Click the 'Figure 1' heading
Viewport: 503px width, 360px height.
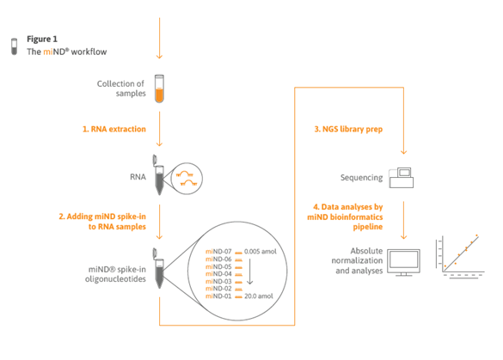pos(42,40)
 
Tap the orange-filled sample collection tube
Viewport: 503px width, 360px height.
pos(159,88)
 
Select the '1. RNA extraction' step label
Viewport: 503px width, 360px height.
pos(114,129)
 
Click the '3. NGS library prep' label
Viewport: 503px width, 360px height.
pos(348,129)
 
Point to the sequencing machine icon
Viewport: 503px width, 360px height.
pos(402,178)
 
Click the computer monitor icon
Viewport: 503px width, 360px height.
pos(403,263)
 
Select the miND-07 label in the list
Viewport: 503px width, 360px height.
pos(218,252)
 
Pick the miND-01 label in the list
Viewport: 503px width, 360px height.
pos(218,296)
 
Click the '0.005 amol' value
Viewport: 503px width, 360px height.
pos(261,252)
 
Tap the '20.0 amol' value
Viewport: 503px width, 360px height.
pos(259,296)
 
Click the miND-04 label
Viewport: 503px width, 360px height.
pos(218,274)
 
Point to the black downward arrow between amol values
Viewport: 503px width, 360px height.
pos(250,271)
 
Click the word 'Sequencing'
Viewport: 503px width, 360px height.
pos(361,178)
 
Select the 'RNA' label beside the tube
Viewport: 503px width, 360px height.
pos(138,177)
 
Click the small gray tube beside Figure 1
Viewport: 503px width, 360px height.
pos(14,46)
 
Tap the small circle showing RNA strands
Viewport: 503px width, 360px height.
pos(187,179)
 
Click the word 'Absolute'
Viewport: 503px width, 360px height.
pos(366,251)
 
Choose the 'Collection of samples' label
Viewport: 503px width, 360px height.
pos(121,88)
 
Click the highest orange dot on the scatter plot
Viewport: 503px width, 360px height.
pos(476,235)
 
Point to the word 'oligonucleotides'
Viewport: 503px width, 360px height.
pos(115,279)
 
